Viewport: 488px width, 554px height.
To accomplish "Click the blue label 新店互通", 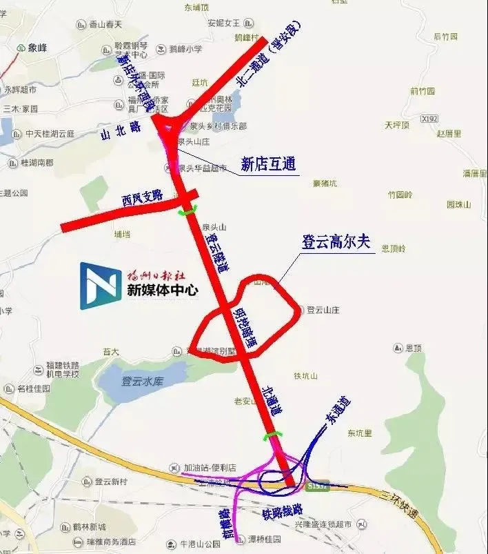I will pos(267,164).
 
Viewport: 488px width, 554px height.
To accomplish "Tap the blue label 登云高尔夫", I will pos(336,242).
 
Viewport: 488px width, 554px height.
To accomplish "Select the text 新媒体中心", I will pos(161,290).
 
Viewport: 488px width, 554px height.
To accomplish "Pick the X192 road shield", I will pos(429,119).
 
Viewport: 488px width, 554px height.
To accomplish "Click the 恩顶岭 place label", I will pos(394,247).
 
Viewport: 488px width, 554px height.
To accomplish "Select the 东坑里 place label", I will pos(359,433).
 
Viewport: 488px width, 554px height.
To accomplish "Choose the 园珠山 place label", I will pos(458,204).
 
